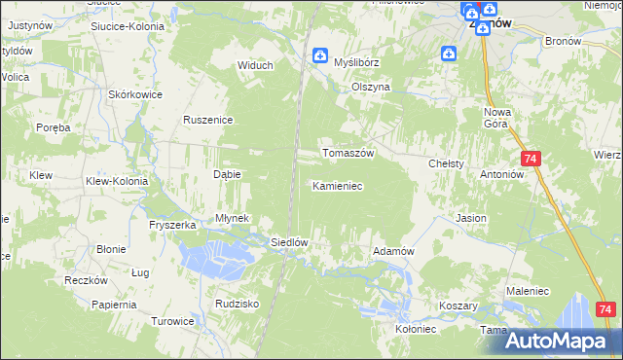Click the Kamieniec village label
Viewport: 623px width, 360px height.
[x=338, y=185]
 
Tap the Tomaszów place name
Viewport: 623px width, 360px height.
[x=348, y=154]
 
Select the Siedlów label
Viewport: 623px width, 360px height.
[x=289, y=243]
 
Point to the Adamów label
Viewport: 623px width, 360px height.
[x=394, y=251]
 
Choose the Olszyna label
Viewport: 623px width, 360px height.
[x=371, y=87]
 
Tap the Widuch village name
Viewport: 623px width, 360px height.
[x=256, y=66]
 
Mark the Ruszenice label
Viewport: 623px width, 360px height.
[x=206, y=120]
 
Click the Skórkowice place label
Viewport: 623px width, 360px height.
[x=135, y=94]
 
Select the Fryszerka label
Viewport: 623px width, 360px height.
[x=173, y=225]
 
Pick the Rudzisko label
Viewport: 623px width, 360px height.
[x=238, y=304]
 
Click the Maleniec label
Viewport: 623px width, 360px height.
[x=526, y=289]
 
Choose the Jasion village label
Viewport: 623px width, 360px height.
[x=471, y=219]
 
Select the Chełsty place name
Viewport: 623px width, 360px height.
[x=447, y=164]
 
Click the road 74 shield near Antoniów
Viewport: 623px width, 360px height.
[x=531, y=159]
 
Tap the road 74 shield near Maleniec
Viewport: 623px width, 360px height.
[x=605, y=309]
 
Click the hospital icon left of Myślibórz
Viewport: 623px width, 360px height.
[x=319, y=56]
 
